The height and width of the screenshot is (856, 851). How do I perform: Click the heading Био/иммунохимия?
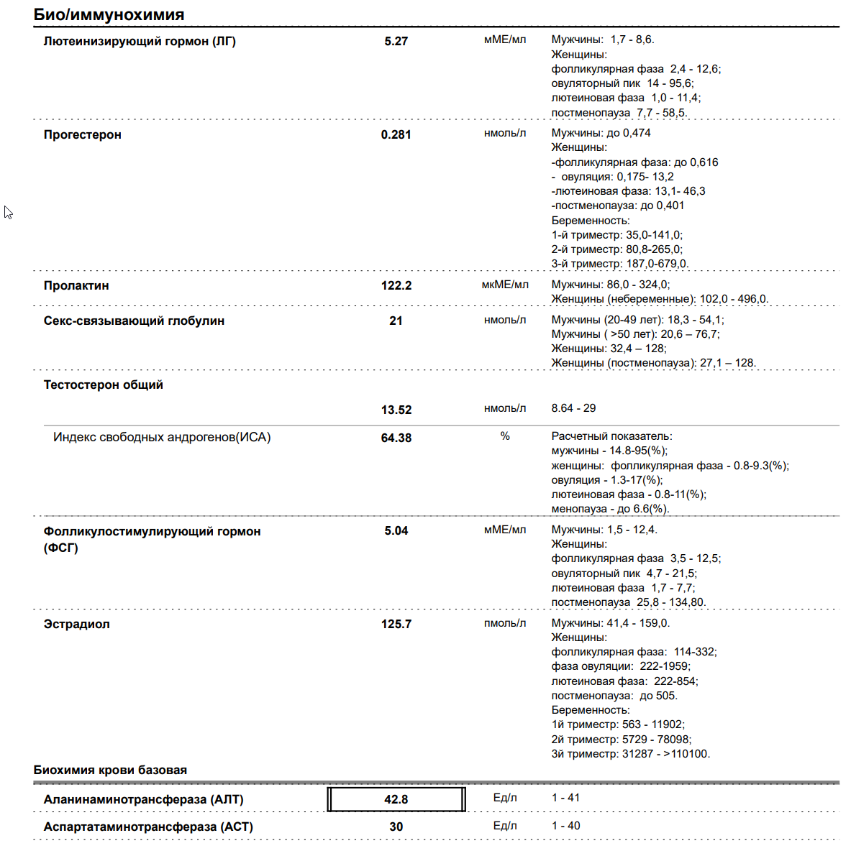[x=109, y=14]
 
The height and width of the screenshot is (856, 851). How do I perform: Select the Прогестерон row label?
[x=82, y=134]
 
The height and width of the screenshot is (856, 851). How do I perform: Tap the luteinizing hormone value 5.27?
[x=396, y=41]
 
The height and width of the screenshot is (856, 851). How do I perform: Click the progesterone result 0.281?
[x=396, y=134]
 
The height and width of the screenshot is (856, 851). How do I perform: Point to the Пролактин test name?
[x=76, y=285]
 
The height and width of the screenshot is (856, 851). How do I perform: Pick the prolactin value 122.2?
[x=396, y=285]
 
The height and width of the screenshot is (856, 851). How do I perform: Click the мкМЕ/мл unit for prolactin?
[x=505, y=285]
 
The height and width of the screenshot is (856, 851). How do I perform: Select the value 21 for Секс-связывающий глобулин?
[x=396, y=321]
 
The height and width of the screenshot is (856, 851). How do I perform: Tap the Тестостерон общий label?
[x=103, y=385]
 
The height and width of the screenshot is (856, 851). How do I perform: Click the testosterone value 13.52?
[x=396, y=410]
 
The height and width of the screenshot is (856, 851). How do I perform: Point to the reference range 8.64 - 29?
[x=573, y=408]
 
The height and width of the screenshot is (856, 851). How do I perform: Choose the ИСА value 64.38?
[x=396, y=438]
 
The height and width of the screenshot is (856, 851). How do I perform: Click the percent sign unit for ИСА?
[x=505, y=436]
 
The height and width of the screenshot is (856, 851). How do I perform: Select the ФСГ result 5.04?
[x=396, y=530]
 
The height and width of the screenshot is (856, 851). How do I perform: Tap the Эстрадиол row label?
[x=76, y=624]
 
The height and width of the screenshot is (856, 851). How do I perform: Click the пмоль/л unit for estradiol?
[x=505, y=623]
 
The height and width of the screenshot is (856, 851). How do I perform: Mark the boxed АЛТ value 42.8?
[x=396, y=799]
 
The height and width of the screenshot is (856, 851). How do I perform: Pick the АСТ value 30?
[x=396, y=827]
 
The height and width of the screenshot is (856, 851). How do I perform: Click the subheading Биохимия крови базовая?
[x=110, y=770]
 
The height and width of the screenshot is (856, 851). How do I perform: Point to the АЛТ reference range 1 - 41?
[x=565, y=798]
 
